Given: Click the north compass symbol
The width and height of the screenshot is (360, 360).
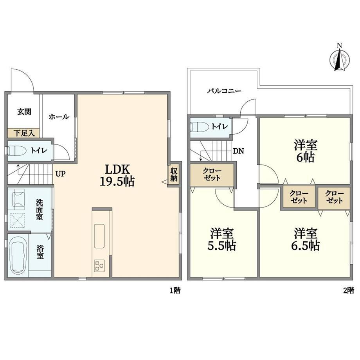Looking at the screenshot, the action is click(340, 59).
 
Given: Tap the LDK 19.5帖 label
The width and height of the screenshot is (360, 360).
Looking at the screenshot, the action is click(117, 175).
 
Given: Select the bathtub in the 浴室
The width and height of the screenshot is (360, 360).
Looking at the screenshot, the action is click(18, 254).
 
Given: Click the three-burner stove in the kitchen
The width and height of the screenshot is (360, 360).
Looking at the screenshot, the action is click(99, 266).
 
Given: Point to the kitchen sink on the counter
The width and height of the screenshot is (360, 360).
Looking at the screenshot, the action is click(99, 236).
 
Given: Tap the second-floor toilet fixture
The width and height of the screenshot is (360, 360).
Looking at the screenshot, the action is click(199, 126).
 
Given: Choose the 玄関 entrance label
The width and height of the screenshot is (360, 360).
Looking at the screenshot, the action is click(24, 112).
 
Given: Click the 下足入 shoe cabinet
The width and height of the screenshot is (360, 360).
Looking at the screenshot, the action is click(23, 133).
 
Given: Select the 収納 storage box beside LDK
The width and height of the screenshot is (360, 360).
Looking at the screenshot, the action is click(174, 174).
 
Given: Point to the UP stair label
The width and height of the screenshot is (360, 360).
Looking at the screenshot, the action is click(60, 174).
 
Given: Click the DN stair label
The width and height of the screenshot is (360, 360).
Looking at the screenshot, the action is click(239, 151).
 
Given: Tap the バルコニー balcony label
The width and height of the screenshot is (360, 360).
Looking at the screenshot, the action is click(224, 91).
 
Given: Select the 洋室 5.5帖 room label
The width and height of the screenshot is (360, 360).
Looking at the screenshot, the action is click(221, 239).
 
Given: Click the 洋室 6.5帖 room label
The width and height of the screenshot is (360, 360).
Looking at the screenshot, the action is click(305, 239).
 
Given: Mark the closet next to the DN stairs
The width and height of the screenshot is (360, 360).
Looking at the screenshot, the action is click(212, 175).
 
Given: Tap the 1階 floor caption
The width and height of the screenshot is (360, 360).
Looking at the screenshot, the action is click(175, 290).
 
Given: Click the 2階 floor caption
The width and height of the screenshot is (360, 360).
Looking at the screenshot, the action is click(349, 290).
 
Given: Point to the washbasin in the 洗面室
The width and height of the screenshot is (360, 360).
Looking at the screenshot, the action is click(19, 199).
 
